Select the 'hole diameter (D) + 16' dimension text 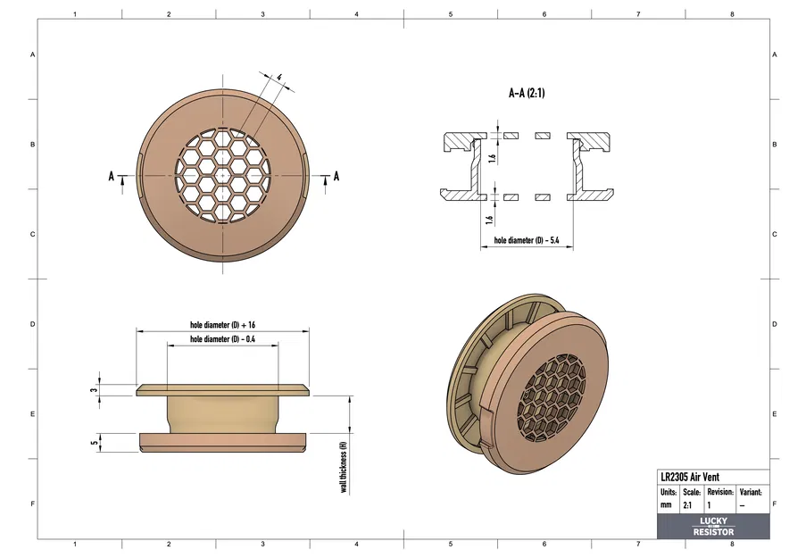pos(223,325)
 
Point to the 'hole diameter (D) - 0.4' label pos(223,340)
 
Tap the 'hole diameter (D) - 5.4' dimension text pos(527,241)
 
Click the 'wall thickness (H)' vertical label pos(343,467)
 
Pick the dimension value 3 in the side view pos(94,390)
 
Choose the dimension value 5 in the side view pos(94,442)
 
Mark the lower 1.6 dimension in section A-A pos(490,219)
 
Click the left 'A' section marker pos(112,177)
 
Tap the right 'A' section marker pos(336,177)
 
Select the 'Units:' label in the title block pos(669,492)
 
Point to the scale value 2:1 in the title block pos(688,505)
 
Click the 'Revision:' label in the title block pos(719,492)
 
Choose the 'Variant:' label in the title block pos(751,492)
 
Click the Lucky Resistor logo pos(713,527)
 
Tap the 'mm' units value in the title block pos(666,505)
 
